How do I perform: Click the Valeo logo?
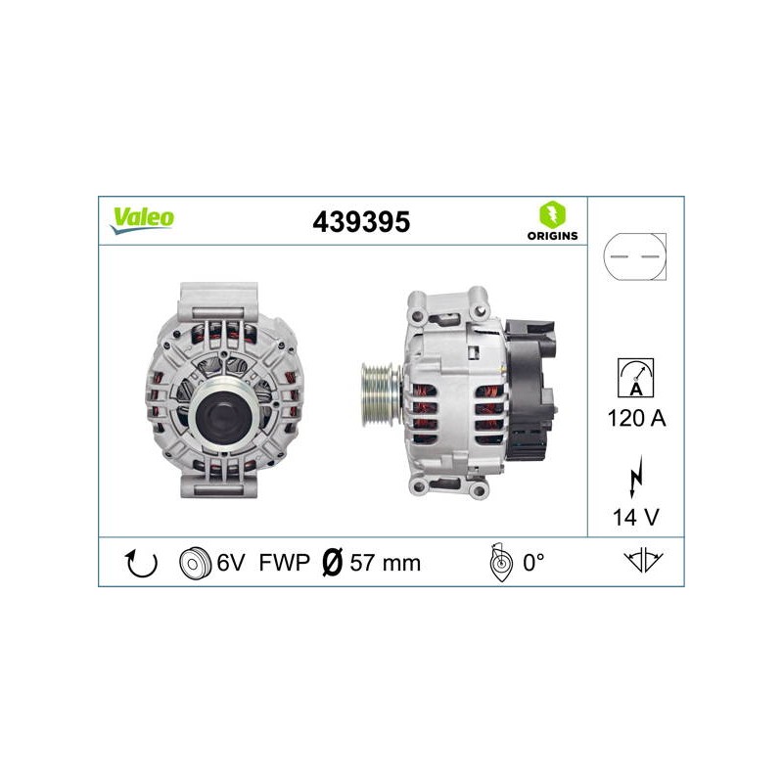click(142, 220)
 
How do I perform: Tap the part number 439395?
click(361, 222)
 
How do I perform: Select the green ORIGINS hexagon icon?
click(552, 214)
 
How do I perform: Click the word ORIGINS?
click(552, 236)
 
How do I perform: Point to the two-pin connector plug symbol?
click(634, 256)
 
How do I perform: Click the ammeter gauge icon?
click(635, 378)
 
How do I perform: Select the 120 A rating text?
click(636, 418)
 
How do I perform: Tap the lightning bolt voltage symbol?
click(635, 476)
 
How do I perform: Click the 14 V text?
click(635, 518)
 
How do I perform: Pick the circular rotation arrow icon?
click(141, 564)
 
